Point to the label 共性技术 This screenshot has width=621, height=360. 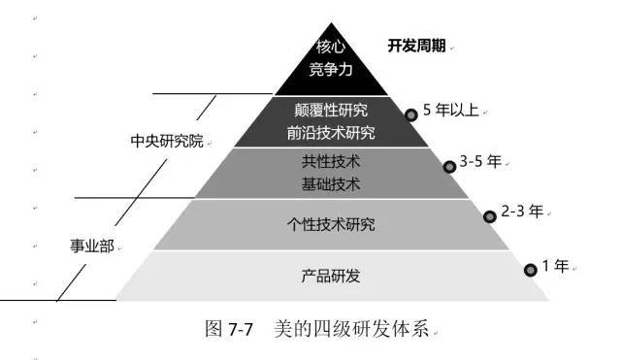click(x=331, y=161)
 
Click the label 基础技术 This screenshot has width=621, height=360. click(x=331, y=183)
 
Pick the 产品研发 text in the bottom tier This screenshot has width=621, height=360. click(x=331, y=276)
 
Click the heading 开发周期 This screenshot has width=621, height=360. click(x=416, y=46)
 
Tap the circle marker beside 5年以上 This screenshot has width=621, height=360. click(x=411, y=115)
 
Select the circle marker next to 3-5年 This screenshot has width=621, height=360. click(x=449, y=166)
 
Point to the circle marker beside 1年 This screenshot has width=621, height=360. click(x=530, y=270)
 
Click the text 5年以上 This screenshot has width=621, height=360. click(x=451, y=110)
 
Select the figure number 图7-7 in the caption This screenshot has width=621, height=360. click(x=230, y=329)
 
